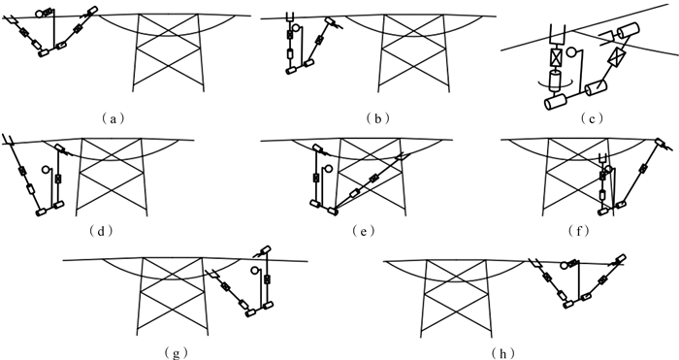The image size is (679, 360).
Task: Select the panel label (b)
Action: (x=377, y=118)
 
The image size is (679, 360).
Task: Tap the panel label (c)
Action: (x=592, y=118)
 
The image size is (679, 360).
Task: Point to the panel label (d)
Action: (x=101, y=231)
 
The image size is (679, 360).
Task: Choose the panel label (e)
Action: (x=363, y=231)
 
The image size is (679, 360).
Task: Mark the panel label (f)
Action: (x=579, y=231)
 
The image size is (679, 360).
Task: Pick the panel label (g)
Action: (x=177, y=353)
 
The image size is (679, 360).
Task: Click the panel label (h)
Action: (x=502, y=353)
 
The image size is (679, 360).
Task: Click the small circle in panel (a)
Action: (x=40, y=14)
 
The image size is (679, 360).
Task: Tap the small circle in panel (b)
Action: (x=296, y=28)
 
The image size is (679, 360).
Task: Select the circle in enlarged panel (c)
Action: (x=572, y=52)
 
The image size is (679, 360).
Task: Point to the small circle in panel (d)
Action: (x=46, y=170)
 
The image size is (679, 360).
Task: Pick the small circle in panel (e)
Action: (x=329, y=168)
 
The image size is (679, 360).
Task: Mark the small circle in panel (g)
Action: (x=254, y=271)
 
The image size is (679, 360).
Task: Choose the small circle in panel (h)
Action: (x=564, y=265)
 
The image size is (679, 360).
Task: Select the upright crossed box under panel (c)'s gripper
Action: (x=557, y=57)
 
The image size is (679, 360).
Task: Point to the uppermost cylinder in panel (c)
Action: (x=628, y=30)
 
